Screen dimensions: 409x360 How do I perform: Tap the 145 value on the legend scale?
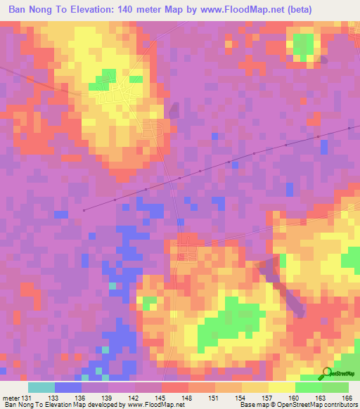[x=162, y=398]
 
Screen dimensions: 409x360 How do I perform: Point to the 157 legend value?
[x=269, y=398]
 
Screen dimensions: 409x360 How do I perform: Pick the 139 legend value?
[x=108, y=398]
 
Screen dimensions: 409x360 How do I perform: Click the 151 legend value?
[x=215, y=398]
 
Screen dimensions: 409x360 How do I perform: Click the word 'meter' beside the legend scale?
[x=12, y=398]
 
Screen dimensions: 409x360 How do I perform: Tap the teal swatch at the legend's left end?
[x=41, y=387]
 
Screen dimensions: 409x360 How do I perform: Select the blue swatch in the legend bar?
[x=68, y=387]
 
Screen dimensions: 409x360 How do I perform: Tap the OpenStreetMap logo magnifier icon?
[x=328, y=373]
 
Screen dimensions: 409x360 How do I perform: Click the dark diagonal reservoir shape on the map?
[x=285, y=287]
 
